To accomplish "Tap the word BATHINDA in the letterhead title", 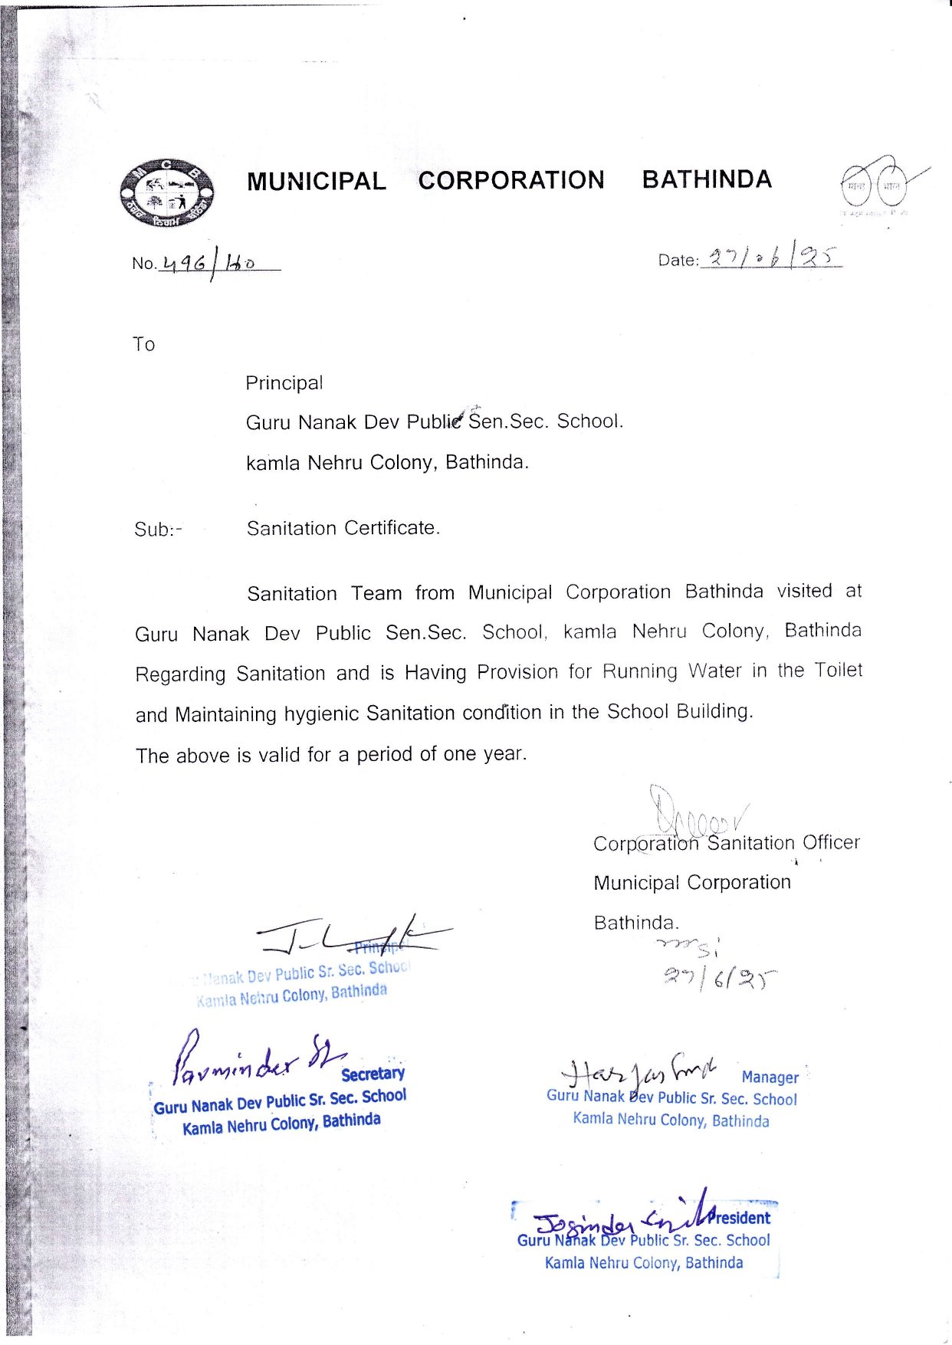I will (707, 179).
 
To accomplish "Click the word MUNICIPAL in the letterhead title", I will (316, 182).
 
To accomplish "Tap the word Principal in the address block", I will (284, 383).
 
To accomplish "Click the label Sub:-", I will (158, 530).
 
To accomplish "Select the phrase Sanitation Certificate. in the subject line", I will (343, 528).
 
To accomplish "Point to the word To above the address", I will (143, 345).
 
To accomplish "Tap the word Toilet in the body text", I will (838, 671).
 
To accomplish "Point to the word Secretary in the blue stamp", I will (373, 1074).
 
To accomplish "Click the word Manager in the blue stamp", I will (770, 1078).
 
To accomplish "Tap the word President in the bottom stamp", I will (740, 1218).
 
